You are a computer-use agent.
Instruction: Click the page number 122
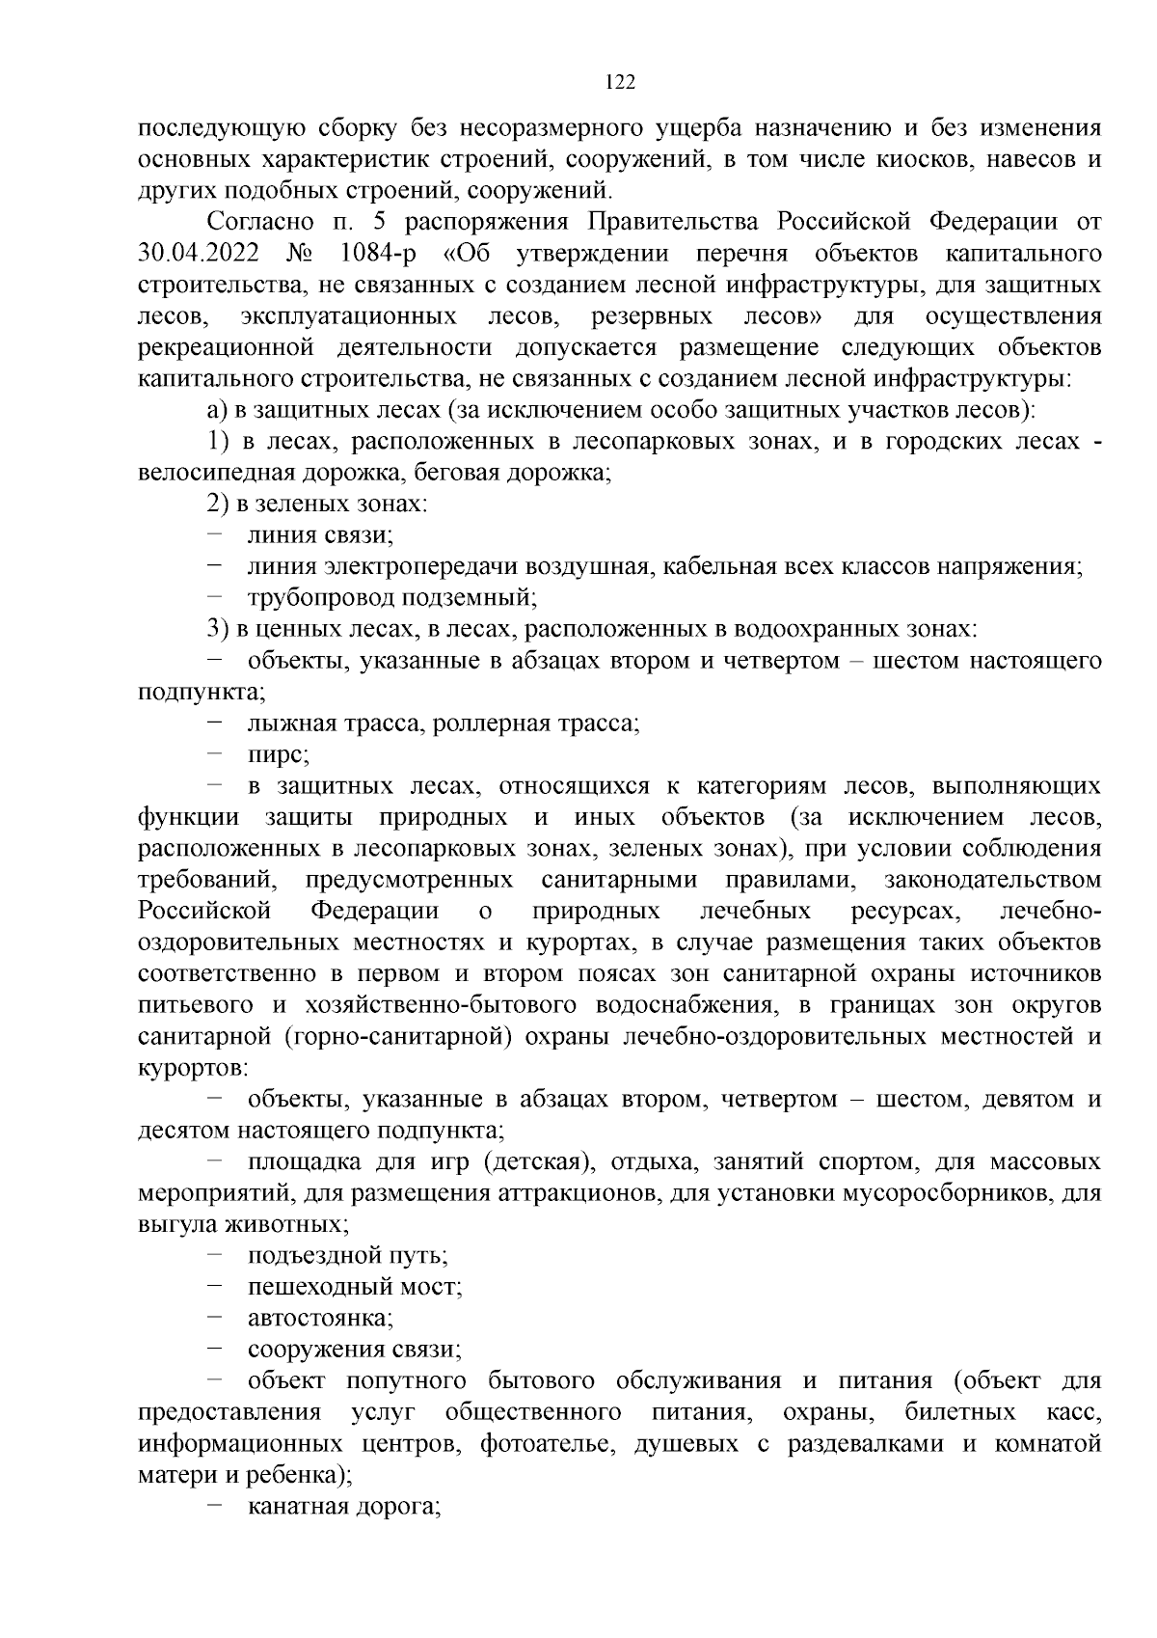point(620,83)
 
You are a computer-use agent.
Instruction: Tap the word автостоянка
point(319,1318)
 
